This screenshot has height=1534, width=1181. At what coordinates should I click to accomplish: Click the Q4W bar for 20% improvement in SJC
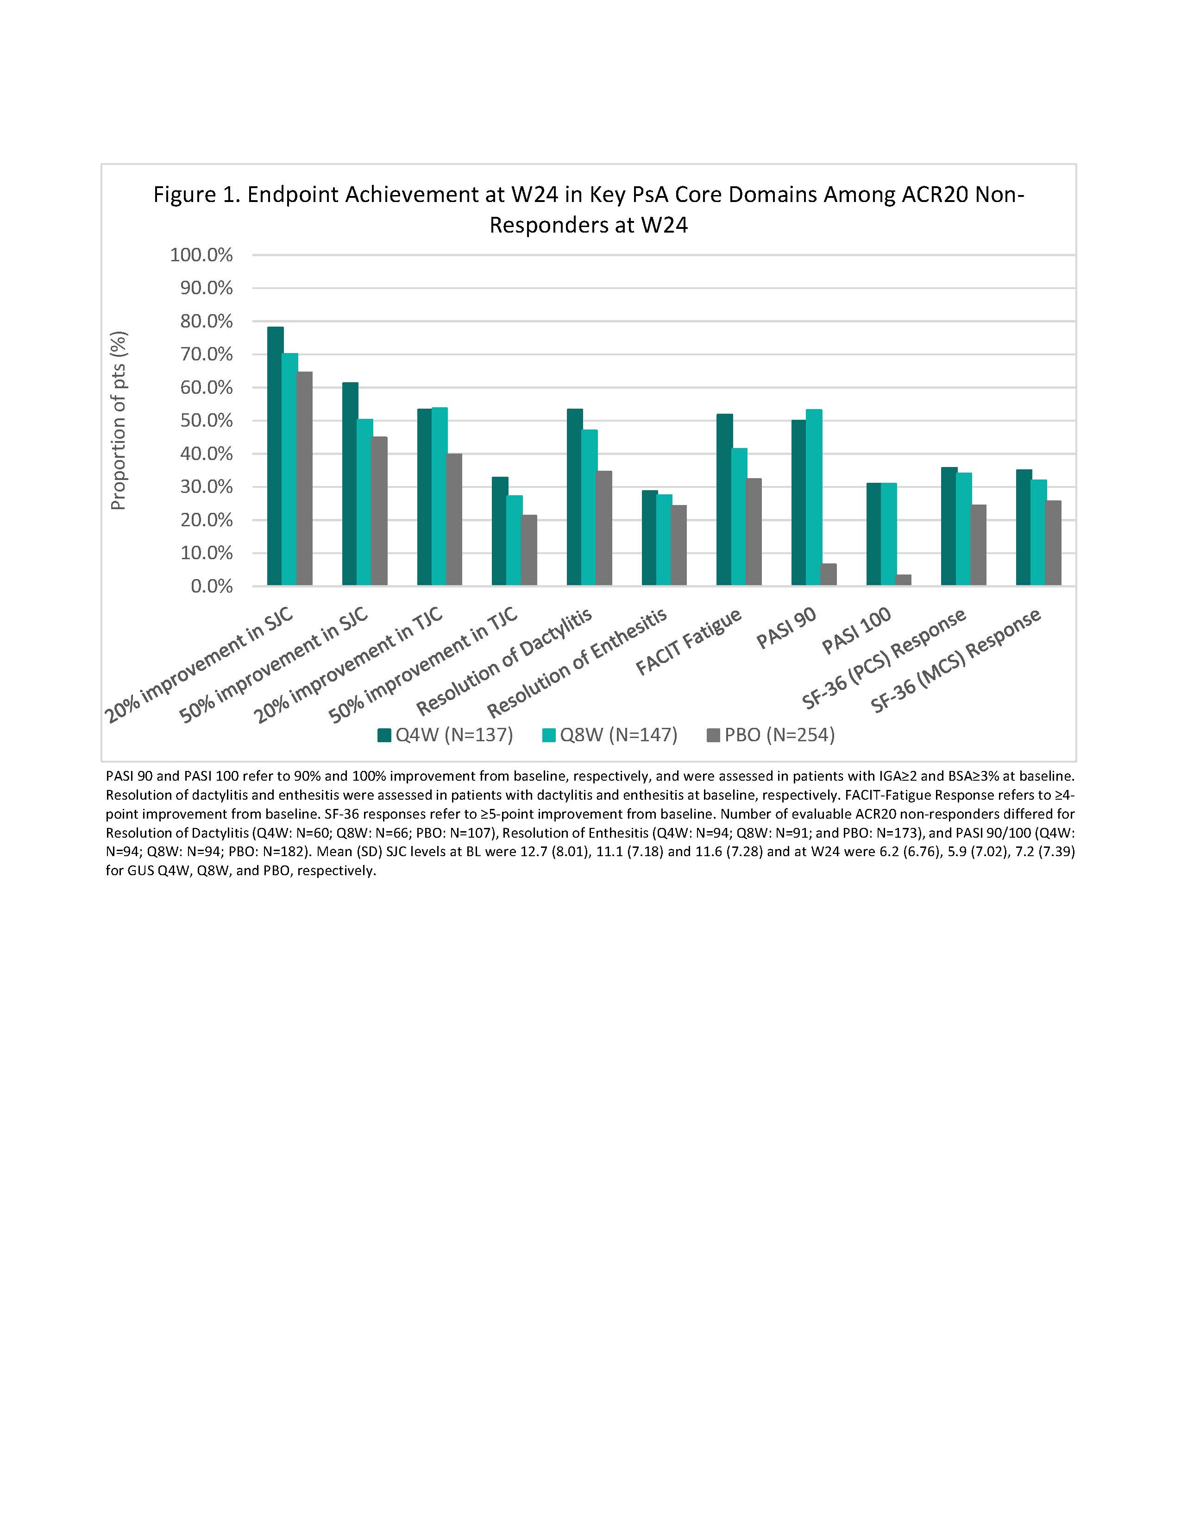click(275, 456)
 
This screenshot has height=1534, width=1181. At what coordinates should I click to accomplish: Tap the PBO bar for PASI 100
click(903, 580)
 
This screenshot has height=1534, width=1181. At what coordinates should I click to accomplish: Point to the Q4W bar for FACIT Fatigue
click(724, 500)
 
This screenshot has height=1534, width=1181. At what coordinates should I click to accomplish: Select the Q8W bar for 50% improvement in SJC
click(364, 502)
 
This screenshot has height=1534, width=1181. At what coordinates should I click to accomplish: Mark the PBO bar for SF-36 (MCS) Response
click(1053, 543)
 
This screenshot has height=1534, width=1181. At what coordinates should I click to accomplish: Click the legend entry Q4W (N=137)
click(446, 735)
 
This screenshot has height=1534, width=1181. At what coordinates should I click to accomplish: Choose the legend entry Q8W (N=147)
click(610, 735)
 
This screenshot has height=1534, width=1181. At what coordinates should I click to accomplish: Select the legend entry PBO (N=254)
click(771, 735)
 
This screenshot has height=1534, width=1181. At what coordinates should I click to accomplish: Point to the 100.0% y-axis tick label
click(201, 255)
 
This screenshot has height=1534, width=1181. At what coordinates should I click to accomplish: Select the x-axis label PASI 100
click(857, 630)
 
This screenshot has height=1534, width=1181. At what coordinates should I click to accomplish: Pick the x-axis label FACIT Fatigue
click(688, 641)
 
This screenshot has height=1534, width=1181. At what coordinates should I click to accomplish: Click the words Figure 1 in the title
click(195, 195)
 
